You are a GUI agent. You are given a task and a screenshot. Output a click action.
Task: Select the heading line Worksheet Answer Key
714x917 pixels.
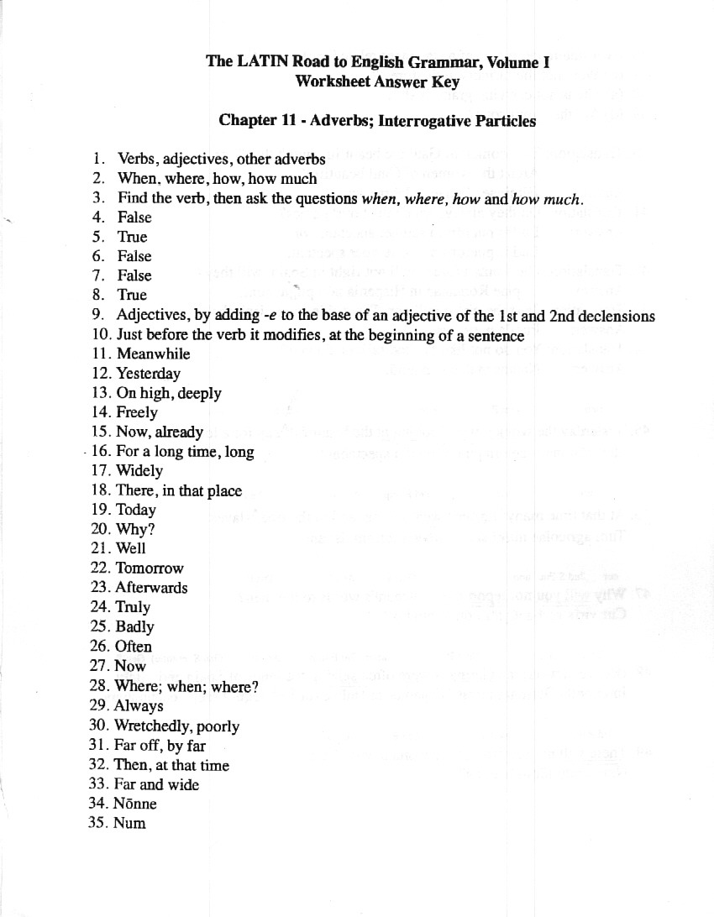(377, 81)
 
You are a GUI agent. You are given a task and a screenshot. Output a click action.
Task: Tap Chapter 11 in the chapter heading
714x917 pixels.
(256, 120)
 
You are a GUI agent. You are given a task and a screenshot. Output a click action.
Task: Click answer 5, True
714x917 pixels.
(132, 237)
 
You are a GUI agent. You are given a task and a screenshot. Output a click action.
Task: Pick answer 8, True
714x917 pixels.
(132, 295)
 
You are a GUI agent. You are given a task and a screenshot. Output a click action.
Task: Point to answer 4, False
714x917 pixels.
(134, 217)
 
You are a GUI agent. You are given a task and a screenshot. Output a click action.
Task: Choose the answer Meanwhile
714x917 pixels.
(153, 354)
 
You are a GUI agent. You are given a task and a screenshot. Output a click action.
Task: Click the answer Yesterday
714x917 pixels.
(148, 373)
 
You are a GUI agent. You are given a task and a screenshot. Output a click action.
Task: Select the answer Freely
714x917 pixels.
(137, 412)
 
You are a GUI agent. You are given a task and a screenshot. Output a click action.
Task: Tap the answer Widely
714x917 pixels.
(139, 470)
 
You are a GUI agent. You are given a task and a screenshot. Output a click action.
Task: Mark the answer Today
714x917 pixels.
(136, 510)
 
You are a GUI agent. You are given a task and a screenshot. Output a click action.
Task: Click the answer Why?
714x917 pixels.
(135, 529)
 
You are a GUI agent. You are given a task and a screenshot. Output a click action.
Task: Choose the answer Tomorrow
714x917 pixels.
(150, 568)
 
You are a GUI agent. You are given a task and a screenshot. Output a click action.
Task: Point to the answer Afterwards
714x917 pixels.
(151, 587)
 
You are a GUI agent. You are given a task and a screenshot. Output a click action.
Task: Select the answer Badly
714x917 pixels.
(135, 626)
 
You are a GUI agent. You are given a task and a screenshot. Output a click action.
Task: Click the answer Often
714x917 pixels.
(134, 646)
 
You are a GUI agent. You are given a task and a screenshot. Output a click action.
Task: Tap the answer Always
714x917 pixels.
(139, 705)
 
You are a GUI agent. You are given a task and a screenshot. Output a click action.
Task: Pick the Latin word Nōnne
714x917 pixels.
(135, 804)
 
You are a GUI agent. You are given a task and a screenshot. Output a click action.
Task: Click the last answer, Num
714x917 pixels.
(130, 823)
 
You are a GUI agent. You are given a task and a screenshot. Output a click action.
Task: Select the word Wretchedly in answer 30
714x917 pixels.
(154, 726)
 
